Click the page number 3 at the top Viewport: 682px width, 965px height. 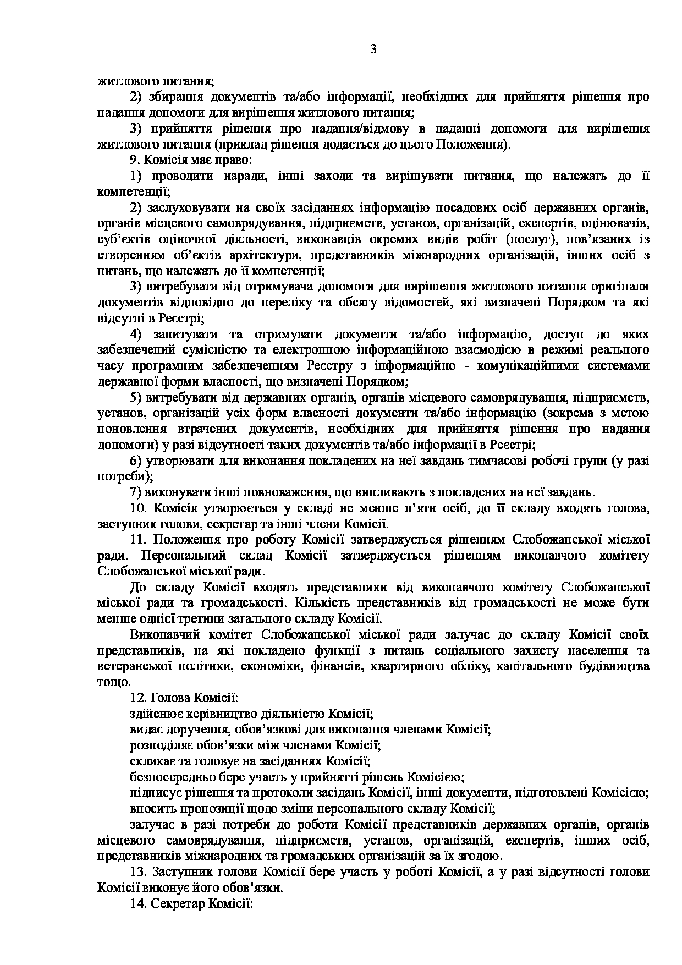tap(373, 50)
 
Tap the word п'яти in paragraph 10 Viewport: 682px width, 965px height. tap(436, 508)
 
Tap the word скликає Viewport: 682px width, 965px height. tap(149, 761)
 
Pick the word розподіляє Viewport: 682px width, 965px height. tap(156, 745)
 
